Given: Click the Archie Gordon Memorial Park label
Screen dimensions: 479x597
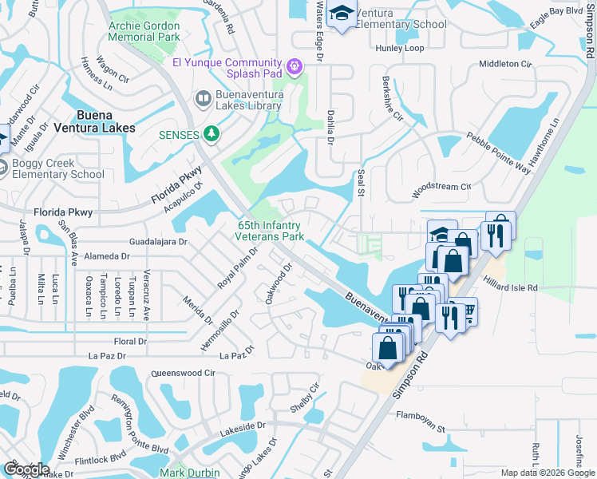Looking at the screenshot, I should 145,32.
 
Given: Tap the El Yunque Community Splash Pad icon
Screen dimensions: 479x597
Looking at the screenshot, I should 295,65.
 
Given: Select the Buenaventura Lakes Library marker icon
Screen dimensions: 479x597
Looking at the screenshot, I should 203,100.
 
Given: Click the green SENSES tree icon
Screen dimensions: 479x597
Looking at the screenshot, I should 212,134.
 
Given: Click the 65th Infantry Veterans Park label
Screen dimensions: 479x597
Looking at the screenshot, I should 271,232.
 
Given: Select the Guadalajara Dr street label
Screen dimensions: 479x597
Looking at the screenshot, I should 157,241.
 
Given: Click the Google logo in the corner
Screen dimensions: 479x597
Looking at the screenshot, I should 26,469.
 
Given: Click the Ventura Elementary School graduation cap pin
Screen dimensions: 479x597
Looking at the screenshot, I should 342,14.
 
